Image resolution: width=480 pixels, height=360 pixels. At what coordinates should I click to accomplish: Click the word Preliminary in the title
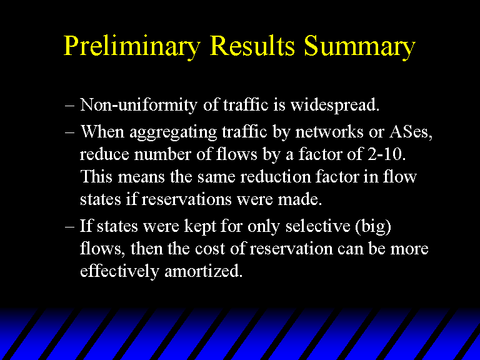(x=132, y=47)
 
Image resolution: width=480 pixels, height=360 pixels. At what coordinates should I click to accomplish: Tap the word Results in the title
(x=252, y=45)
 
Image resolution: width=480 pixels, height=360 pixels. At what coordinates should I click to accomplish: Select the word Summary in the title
(x=360, y=47)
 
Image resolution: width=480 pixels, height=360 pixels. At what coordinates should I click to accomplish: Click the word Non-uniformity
(x=138, y=106)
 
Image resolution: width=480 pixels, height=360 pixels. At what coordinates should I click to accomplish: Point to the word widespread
(x=335, y=106)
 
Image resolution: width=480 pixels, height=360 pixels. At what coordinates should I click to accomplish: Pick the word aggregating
(x=173, y=133)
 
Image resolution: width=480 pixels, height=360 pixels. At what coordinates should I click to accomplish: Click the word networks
(x=329, y=132)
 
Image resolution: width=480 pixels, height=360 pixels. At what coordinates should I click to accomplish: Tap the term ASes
(x=411, y=132)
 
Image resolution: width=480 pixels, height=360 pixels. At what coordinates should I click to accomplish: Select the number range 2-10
(x=387, y=154)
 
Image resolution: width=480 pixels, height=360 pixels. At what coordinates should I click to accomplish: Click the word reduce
(x=104, y=154)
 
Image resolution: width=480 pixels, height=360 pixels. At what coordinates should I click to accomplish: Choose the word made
(x=300, y=199)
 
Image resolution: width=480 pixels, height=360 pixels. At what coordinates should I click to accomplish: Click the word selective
(x=317, y=226)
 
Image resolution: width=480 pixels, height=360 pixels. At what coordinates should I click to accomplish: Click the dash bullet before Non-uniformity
(x=69, y=106)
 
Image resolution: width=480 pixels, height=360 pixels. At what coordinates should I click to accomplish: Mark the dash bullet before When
(x=69, y=133)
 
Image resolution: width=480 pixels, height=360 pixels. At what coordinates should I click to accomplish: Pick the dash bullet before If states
(x=69, y=227)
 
